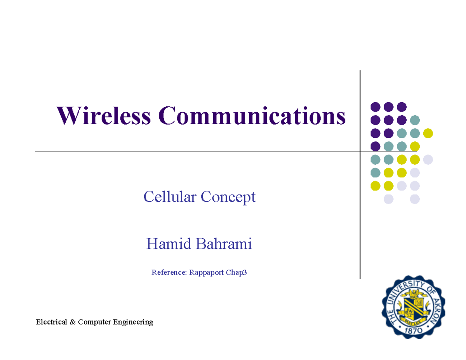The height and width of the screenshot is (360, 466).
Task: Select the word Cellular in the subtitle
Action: [x=170, y=197]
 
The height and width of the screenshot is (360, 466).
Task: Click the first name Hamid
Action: [x=169, y=243]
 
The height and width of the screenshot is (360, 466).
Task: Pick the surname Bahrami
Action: [x=224, y=243]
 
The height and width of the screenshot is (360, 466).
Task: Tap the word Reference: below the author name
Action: [x=169, y=272]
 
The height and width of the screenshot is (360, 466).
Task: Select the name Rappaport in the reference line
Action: [x=207, y=273]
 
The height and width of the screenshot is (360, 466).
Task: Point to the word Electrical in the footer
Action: [x=52, y=322]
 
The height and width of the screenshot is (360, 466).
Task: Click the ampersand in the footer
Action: [x=73, y=322]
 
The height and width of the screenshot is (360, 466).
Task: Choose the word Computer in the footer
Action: [x=94, y=322]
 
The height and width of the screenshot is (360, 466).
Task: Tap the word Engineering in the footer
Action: [x=133, y=322]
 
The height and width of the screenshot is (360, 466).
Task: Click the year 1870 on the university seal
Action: [x=414, y=331]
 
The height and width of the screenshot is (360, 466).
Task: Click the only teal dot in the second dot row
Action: [x=415, y=120]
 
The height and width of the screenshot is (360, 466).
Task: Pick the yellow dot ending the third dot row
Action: [x=428, y=133]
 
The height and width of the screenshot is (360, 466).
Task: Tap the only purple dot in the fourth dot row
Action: [x=375, y=146]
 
